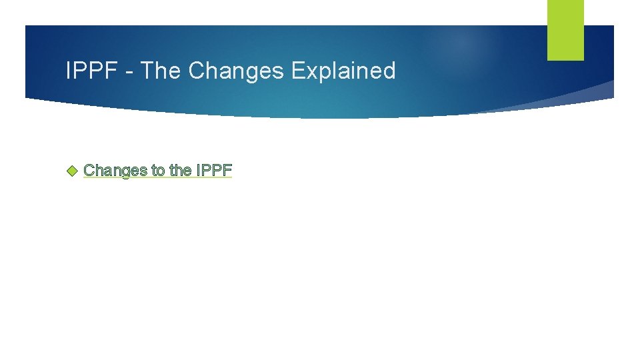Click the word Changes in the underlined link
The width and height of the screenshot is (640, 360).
click(x=115, y=171)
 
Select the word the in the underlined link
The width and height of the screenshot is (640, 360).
click(x=180, y=171)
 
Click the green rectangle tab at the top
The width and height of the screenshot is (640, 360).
click(x=565, y=30)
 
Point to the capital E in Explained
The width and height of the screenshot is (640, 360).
click(x=297, y=71)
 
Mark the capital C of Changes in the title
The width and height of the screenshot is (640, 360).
click(x=197, y=71)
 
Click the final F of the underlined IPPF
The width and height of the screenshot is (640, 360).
click(x=227, y=171)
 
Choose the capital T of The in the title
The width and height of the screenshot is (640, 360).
click(x=148, y=71)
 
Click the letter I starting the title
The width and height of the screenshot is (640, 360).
click(x=69, y=71)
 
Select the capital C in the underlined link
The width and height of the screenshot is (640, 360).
click(x=89, y=171)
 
